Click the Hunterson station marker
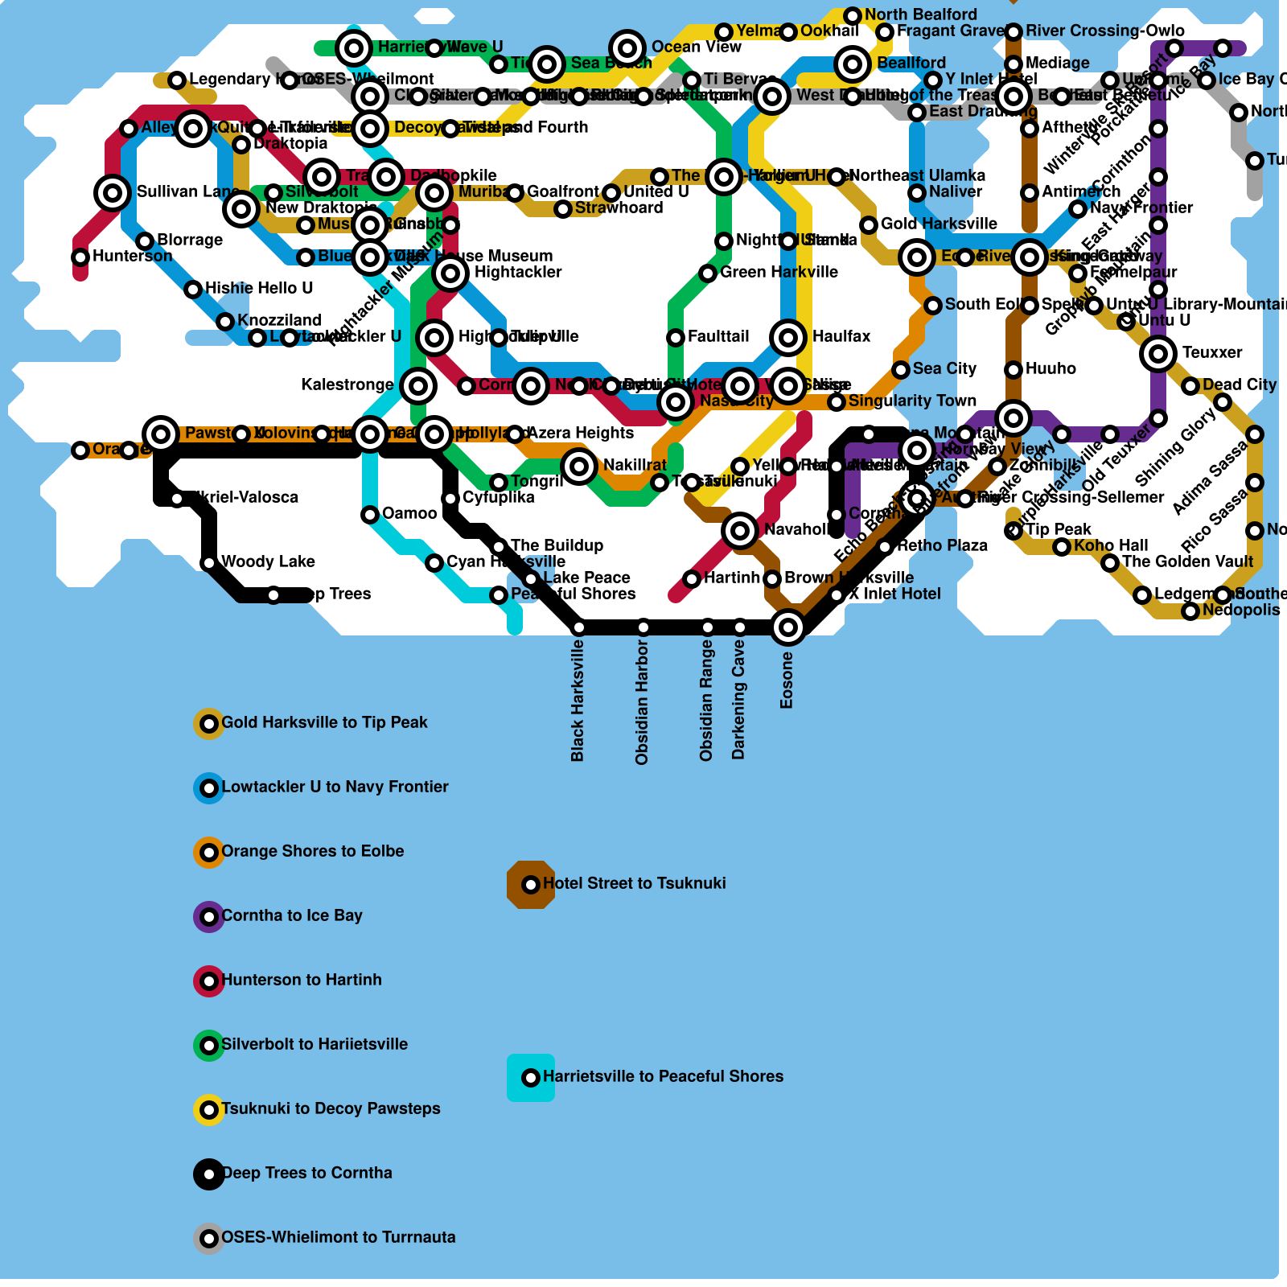(80, 257)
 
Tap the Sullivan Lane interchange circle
(113, 192)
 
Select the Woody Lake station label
(268, 561)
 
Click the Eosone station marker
(788, 627)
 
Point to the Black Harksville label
(578, 701)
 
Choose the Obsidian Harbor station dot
(643, 627)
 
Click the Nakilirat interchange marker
(579, 466)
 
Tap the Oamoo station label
(409, 513)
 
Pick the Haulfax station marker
(788, 337)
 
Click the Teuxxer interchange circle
(1158, 353)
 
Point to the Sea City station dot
(901, 370)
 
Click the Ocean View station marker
(627, 47)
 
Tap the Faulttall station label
(718, 336)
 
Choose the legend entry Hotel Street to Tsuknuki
(634, 883)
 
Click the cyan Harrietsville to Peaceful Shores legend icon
(531, 1078)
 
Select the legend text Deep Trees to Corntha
(306, 1173)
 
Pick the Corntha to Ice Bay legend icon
(209, 917)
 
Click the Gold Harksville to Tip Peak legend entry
(324, 722)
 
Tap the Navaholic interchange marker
(740, 530)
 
